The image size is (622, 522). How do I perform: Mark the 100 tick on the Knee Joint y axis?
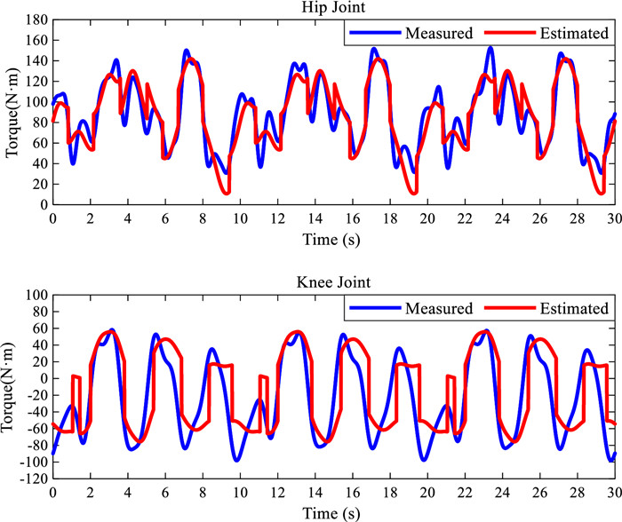click(x=35, y=295)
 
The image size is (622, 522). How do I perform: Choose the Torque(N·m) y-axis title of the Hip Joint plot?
click(x=12, y=113)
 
